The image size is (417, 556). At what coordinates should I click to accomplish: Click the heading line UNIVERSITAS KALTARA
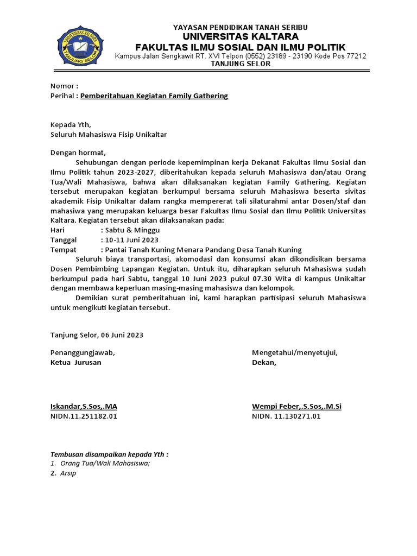coord(241,37)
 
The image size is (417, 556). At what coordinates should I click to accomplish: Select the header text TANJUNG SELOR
coord(241,64)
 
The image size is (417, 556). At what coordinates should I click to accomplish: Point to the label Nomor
coord(63,86)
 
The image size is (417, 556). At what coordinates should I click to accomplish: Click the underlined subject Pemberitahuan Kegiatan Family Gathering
coord(154,96)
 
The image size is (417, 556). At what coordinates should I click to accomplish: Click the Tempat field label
coord(63,249)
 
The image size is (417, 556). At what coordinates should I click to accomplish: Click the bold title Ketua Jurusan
coord(75,363)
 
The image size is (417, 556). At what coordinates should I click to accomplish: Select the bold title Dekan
coord(264,363)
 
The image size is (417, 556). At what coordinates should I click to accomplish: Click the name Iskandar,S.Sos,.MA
coord(84,406)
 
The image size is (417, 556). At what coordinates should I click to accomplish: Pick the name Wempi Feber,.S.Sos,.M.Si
coord(296,406)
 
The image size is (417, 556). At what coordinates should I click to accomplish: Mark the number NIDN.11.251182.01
coord(84,416)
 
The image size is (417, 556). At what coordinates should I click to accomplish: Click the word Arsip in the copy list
coord(68,473)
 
